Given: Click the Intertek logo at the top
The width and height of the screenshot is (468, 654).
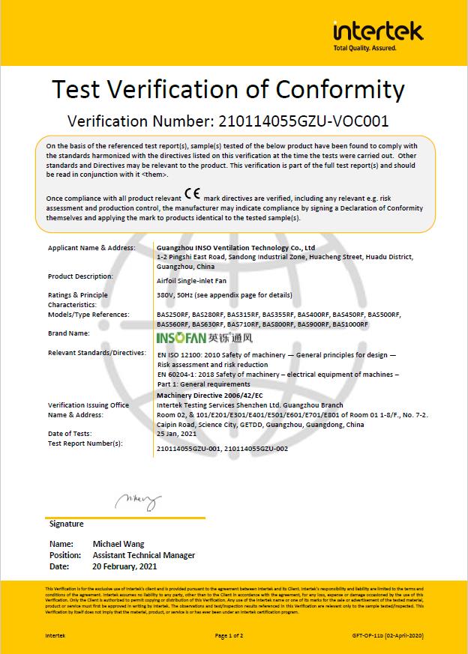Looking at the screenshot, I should coord(378,33).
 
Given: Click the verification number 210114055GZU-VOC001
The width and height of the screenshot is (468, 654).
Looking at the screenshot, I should coord(302,121).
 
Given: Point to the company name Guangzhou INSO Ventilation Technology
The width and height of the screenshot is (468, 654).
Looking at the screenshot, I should coord(236,247).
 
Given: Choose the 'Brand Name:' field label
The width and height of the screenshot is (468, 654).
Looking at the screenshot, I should coord(68,333).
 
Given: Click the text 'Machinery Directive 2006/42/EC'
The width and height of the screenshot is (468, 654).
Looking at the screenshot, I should coord(210,395).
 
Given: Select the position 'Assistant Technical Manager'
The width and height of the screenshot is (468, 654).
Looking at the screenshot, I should coord(143,555).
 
